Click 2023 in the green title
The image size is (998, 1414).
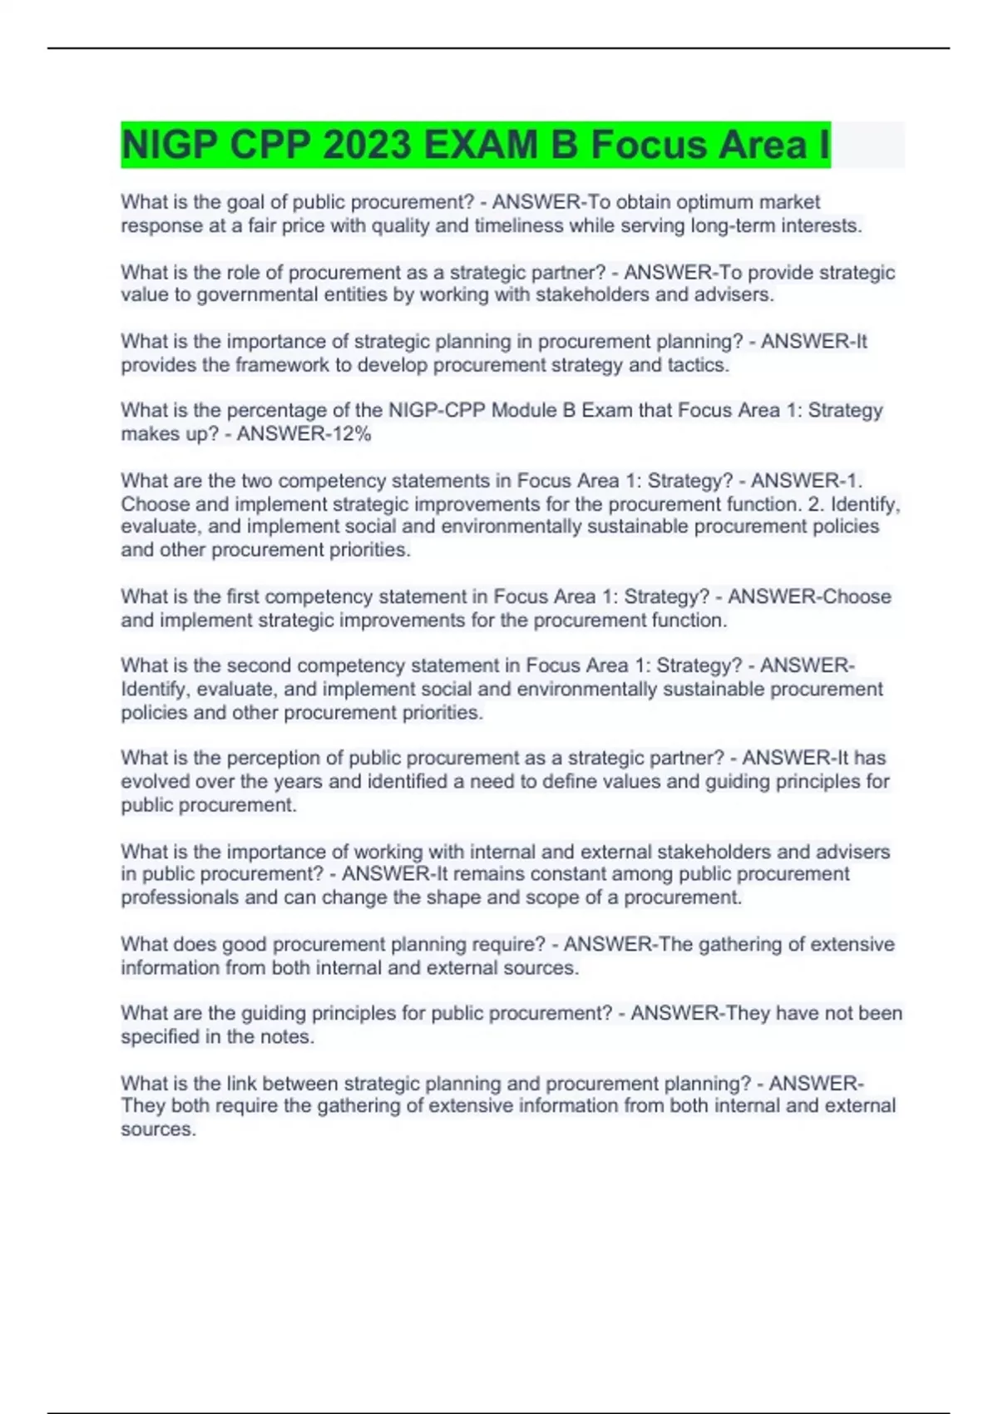(367, 146)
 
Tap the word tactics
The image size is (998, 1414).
(698, 365)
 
